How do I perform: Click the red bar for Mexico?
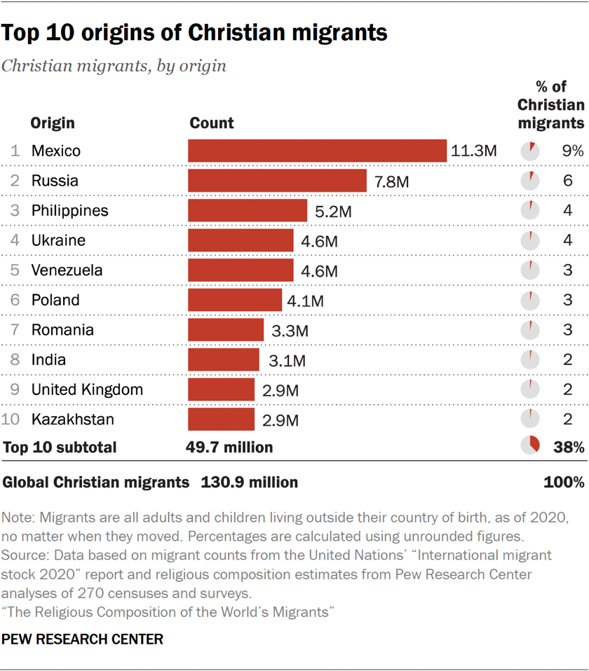point(317,151)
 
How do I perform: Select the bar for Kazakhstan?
point(221,420)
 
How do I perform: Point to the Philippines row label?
point(69,211)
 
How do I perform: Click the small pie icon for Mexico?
point(530,151)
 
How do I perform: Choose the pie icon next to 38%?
point(530,445)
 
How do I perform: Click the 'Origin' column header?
point(52,123)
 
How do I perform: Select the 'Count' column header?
point(212,123)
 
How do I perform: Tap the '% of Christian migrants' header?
point(550,104)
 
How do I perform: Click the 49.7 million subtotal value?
point(229,447)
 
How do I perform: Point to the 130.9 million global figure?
point(249,482)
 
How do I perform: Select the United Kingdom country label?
point(87,389)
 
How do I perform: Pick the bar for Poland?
point(235,300)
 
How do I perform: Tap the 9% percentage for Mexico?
point(571,151)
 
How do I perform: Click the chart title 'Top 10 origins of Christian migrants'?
point(195,32)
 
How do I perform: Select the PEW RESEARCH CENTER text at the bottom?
point(83,639)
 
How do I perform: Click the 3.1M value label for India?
point(287,361)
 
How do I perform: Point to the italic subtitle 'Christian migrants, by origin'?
point(114,66)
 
